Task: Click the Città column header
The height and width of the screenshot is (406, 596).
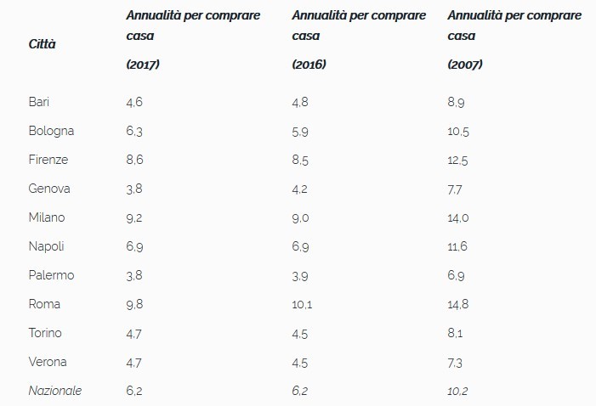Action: pyautogui.click(x=43, y=43)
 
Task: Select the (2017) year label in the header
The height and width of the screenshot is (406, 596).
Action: pyautogui.click(x=144, y=65)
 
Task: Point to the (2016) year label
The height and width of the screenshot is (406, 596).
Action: pyautogui.click(x=309, y=65)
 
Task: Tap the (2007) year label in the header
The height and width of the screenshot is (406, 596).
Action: pyautogui.click(x=464, y=65)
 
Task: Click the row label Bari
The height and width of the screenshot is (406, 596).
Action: pyautogui.click(x=39, y=102)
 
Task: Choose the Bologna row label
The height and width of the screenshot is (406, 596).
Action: pyautogui.click(x=51, y=131)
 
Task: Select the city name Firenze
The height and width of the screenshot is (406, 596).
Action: pyautogui.click(x=48, y=160)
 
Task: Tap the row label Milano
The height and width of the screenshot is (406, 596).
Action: pyautogui.click(x=47, y=217)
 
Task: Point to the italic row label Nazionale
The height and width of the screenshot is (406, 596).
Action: pyautogui.click(x=55, y=390)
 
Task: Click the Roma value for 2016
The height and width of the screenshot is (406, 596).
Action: pyautogui.click(x=303, y=304)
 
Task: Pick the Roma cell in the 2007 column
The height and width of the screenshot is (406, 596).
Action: pyautogui.click(x=458, y=304)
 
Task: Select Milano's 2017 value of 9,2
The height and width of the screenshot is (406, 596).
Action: pyautogui.click(x=134, y=217)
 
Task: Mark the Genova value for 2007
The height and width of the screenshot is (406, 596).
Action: pyautogui.click(x=455, y=189)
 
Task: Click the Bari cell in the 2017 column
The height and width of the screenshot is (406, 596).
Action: pyautogui.click(x=134, y=102)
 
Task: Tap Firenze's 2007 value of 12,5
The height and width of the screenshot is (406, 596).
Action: pyautogui.click(x=458, y=160)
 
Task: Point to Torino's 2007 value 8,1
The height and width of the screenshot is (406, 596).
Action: pyautogui.click(x=455, y=333)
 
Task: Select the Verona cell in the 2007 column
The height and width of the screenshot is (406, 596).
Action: pyautogui.click(x=455, y=362)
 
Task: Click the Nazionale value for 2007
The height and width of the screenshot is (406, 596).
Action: pyautogui.click(x=458, y=390)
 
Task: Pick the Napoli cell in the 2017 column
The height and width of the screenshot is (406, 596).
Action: pyautogui.click(x=134, y=246)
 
